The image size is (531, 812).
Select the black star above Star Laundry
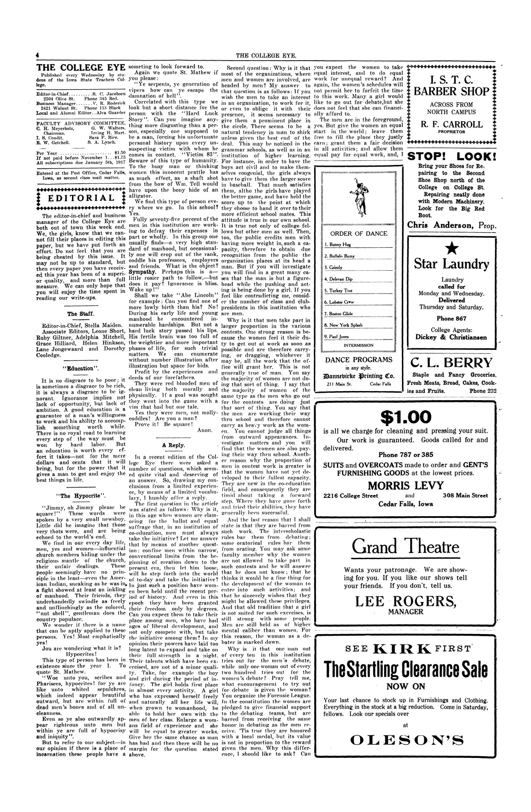pyautogui.click(x=451, y=248)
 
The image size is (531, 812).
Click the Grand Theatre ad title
pyautogui.click(x=405, y=547)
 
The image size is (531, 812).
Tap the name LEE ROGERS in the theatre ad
pyautogui.click(x=405, y=602)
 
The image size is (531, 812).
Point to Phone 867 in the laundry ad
pyautogui.click(x=451, y=318)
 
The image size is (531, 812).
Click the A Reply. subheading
pyautogui.click(x=173, y=445)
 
